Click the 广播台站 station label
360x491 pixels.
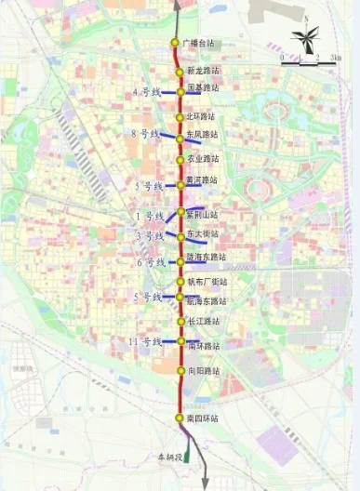coord(198,44)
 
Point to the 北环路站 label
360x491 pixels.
coord(204,116)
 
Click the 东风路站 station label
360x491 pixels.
coord(204,135)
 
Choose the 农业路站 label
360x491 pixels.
coord(204,159)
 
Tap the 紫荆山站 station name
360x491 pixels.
coord(204,215)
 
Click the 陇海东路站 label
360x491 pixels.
coord(207,257)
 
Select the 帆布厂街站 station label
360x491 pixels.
coord(207,282)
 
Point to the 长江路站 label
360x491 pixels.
coord(204,322)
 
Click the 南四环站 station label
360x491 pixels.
coord(203,419)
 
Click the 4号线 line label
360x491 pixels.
coord(147,92)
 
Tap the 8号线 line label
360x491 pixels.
coord(147,135)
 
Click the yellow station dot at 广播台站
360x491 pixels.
coord(175,44)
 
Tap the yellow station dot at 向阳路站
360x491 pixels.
coord(181,370)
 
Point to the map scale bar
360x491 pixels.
coord(300,61)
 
